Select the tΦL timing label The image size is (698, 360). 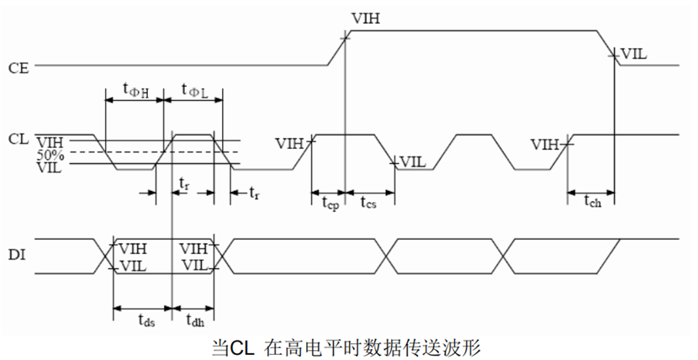click(194, 90)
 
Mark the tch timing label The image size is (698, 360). click(592, 201)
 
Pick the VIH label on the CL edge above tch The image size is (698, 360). click(546, 144)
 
